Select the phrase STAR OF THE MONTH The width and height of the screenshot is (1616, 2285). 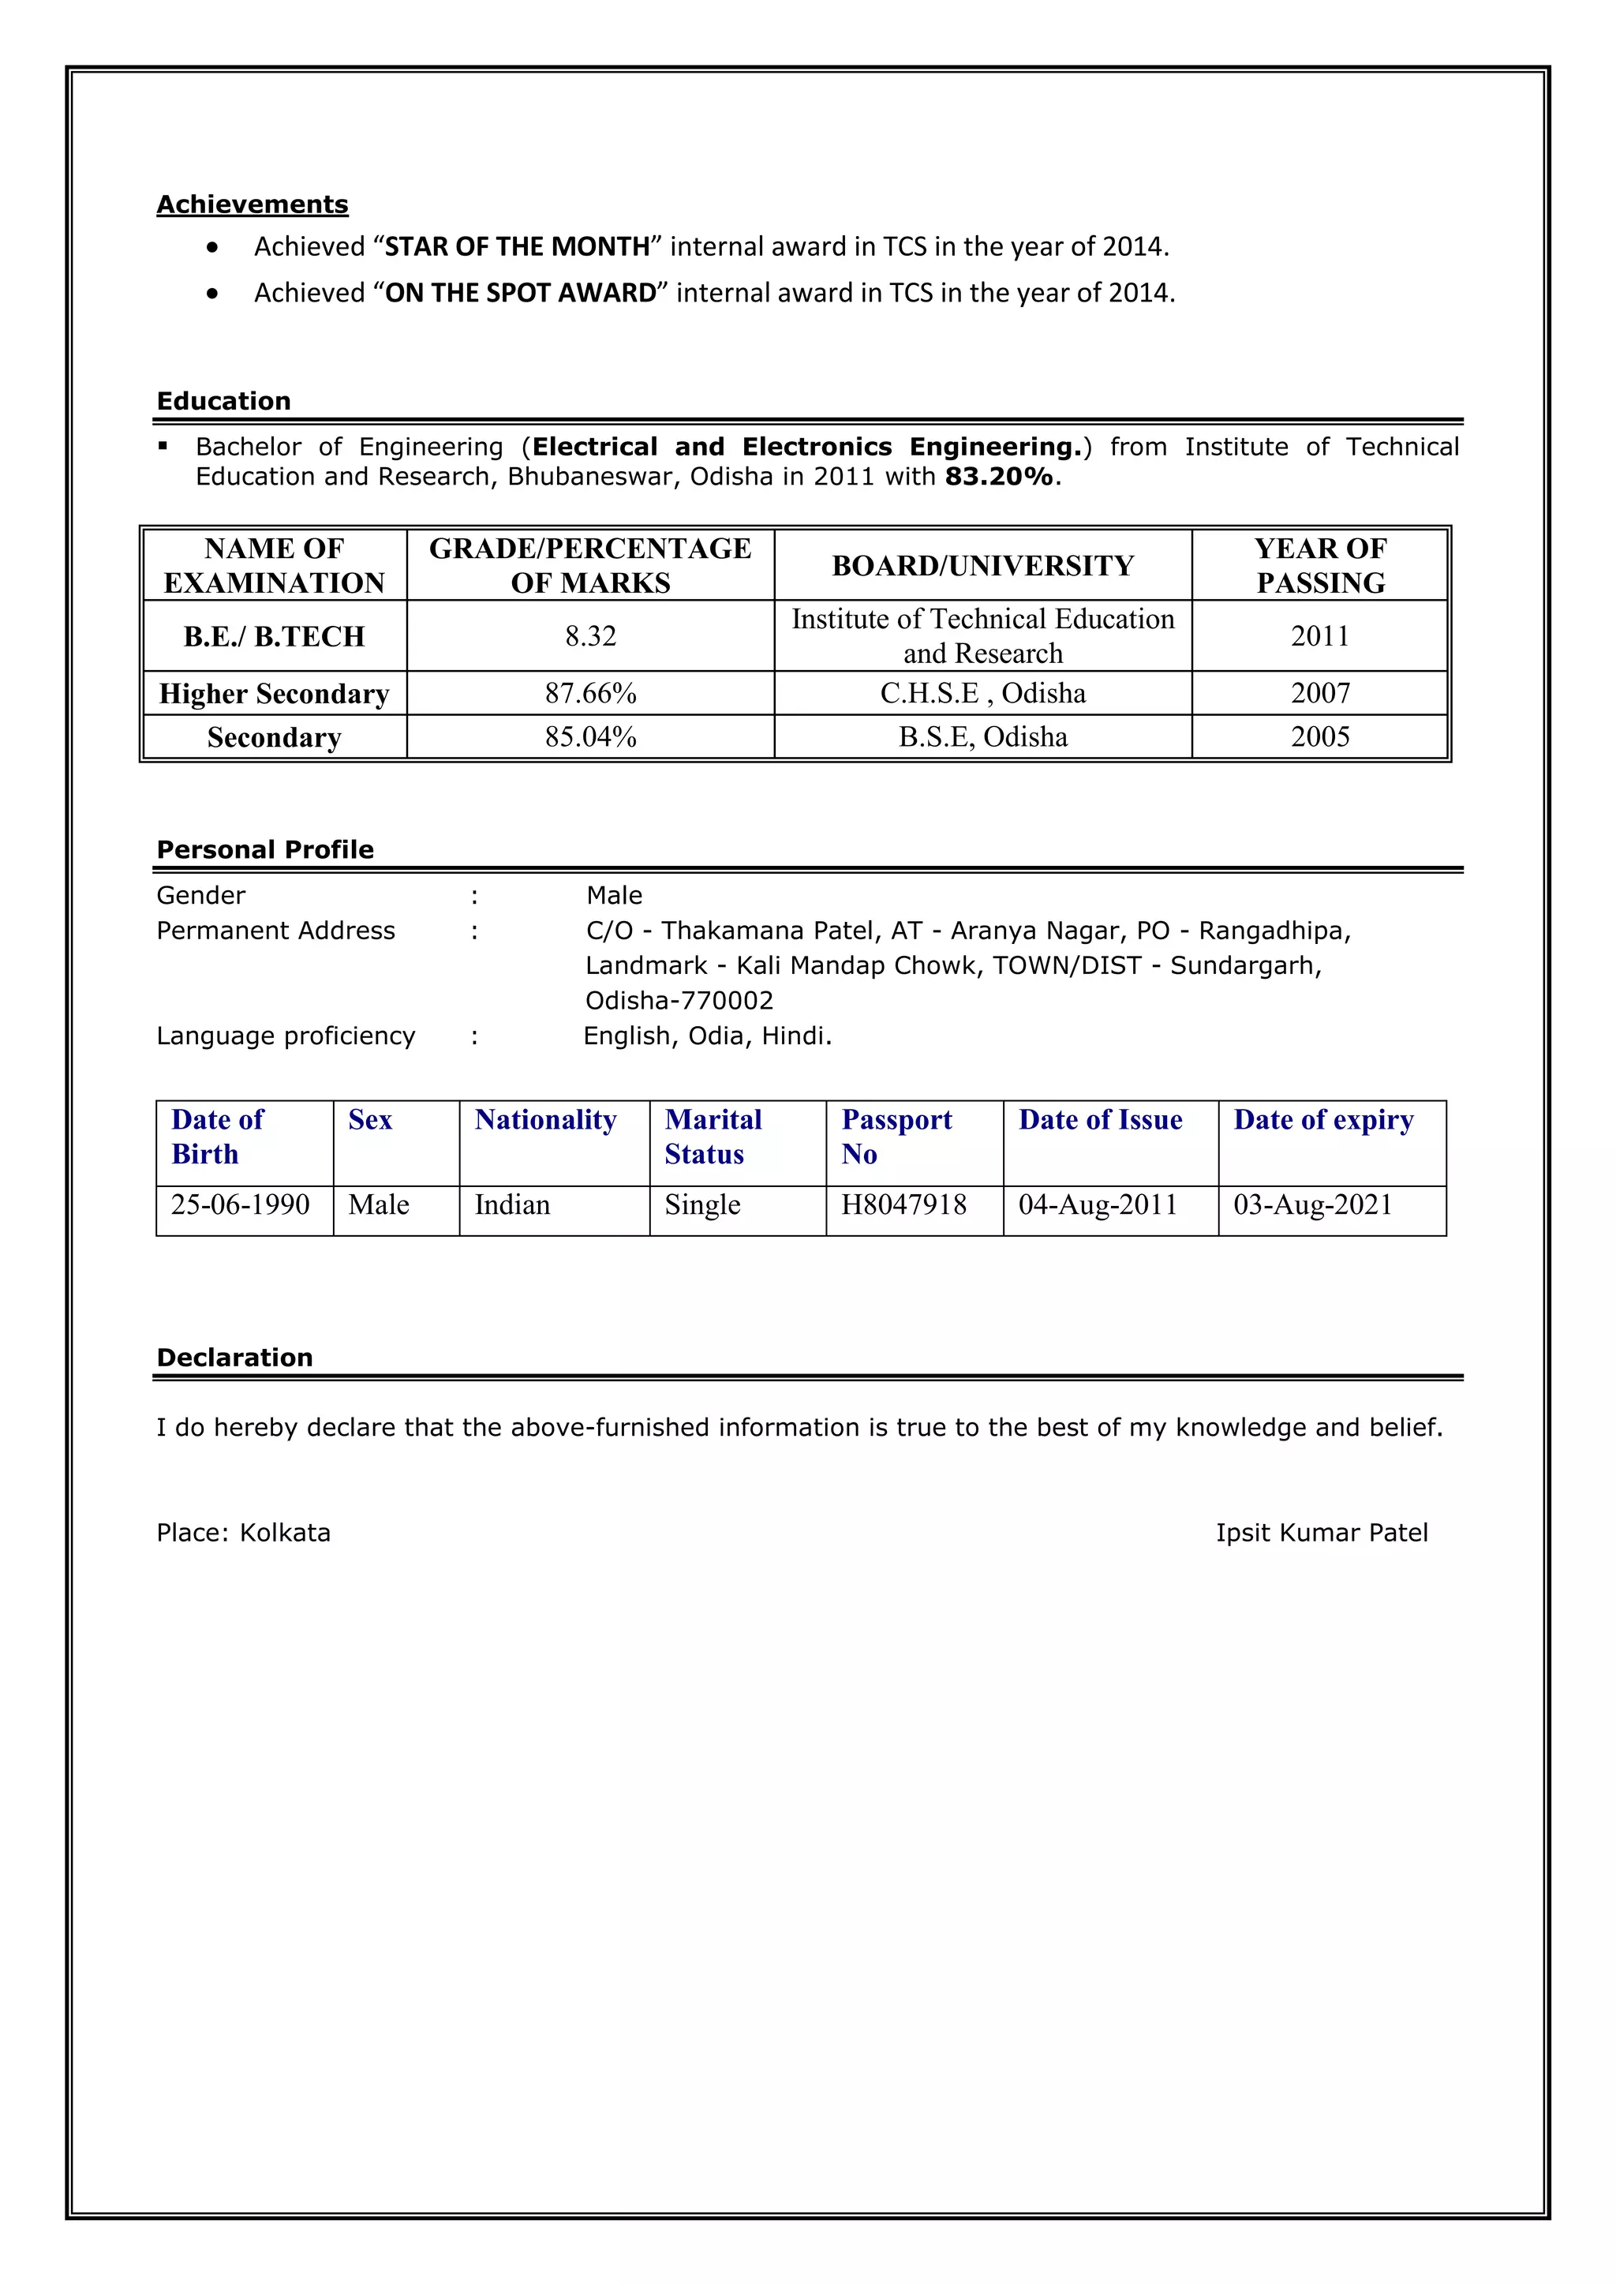tap(517, 247)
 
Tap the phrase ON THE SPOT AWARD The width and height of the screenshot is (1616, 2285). tap(521, 293)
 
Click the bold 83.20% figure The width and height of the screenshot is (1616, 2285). tap(998, 477)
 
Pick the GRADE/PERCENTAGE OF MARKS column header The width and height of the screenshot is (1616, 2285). tap(590, 565)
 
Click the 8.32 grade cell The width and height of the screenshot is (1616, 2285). tap(590, 636)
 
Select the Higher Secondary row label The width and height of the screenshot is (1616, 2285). tap(274, 694)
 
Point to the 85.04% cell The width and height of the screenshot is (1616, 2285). tap(590, 737)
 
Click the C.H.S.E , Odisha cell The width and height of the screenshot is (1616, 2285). tap(982, 694)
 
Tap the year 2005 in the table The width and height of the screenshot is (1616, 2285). tap(1319, 737)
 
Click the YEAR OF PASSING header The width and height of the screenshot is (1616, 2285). tap(1319, 565)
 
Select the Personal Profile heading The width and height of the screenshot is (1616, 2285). tap(264, 850)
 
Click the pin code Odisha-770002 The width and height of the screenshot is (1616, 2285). tap(679, 1001)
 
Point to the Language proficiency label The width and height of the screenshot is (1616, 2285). tap(286, 1036)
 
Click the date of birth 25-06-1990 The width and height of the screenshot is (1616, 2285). tap(240, 1205)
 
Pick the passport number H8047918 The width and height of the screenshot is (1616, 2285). tap(903, 1205)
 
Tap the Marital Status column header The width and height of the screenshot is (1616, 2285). tap(713, 1137)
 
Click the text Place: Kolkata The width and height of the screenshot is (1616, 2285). tap(243, 1533)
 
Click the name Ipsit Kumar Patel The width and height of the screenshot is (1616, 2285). tap(1322, 1533)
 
